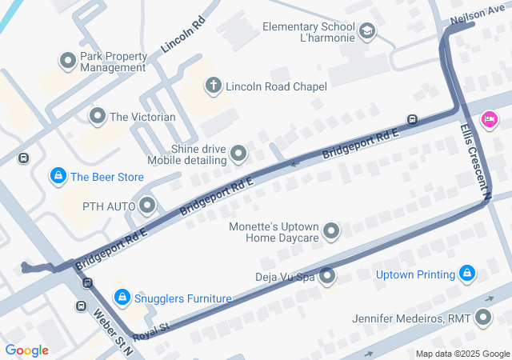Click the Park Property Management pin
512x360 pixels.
tap(67, 61)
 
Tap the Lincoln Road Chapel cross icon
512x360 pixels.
tap(213, 85)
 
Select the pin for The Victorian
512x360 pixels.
tap(98, 117)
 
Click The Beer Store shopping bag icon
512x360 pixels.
tap(58, 176)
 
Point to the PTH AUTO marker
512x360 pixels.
tap(147, 206)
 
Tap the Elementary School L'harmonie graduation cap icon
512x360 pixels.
tap(367, 32)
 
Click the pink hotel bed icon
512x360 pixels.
tap(489, 120)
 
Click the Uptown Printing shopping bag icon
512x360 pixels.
tap(467, 275)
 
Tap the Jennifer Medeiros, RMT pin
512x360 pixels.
tap(482, 318)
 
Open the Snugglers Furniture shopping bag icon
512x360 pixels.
tap(121, 298)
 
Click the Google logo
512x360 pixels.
tap(26, 350)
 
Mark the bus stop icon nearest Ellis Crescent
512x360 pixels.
tap(412, 120)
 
